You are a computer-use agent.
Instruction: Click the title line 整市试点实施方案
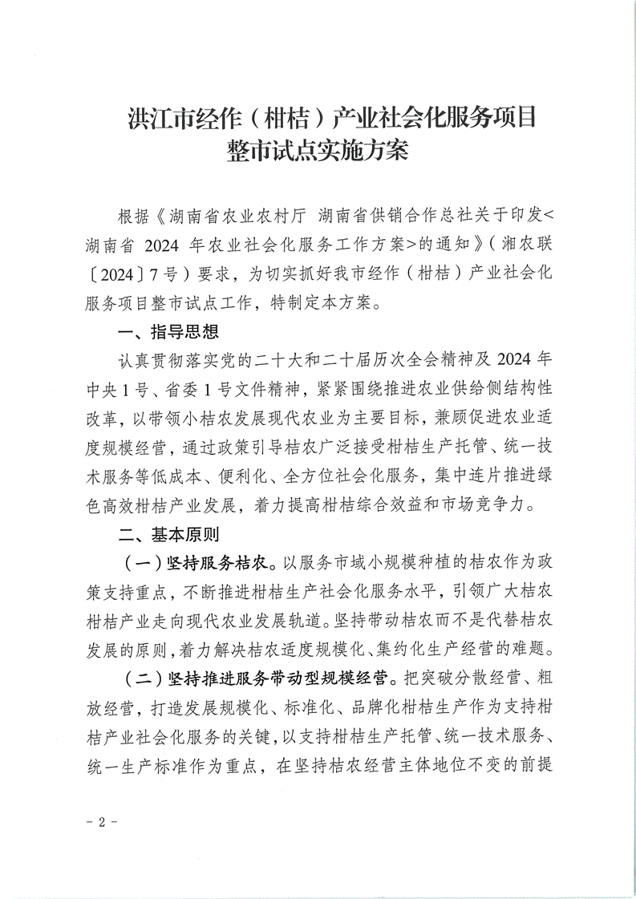pyautogui.click(x=318, y=151)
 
